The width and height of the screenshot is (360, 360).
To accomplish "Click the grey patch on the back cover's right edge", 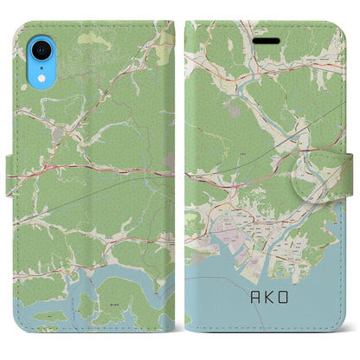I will click(170, 161).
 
